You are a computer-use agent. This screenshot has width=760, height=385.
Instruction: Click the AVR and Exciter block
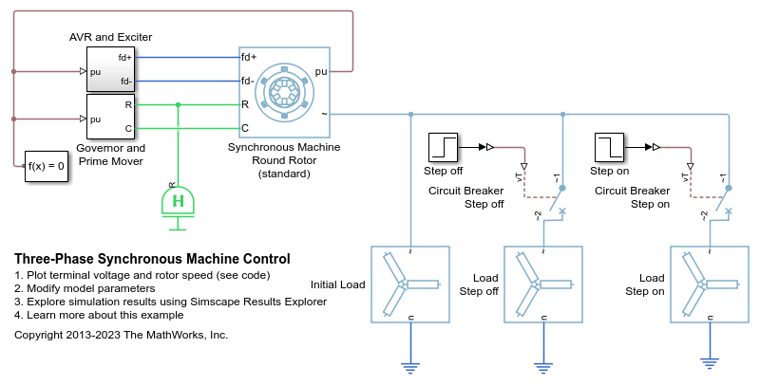[110, 68]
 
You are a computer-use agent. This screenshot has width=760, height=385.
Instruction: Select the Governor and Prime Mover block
[110, 117]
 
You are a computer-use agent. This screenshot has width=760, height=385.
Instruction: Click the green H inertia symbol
[177, 201]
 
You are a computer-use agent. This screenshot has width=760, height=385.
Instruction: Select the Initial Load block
[409, 284]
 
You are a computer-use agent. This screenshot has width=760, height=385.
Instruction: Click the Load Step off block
[542, 284]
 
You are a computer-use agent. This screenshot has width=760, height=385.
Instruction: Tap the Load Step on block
[709, 284]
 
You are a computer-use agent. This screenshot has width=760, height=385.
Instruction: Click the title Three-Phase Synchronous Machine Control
[152, 259]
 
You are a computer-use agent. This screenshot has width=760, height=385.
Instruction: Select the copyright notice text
[122, 335]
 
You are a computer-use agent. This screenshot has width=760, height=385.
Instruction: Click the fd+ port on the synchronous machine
[249, 56]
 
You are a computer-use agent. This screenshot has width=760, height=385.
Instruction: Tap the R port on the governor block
[128, 103]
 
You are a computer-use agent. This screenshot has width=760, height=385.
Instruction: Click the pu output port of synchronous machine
[320, 70]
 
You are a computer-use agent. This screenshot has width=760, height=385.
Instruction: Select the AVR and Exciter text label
[110, 37]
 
